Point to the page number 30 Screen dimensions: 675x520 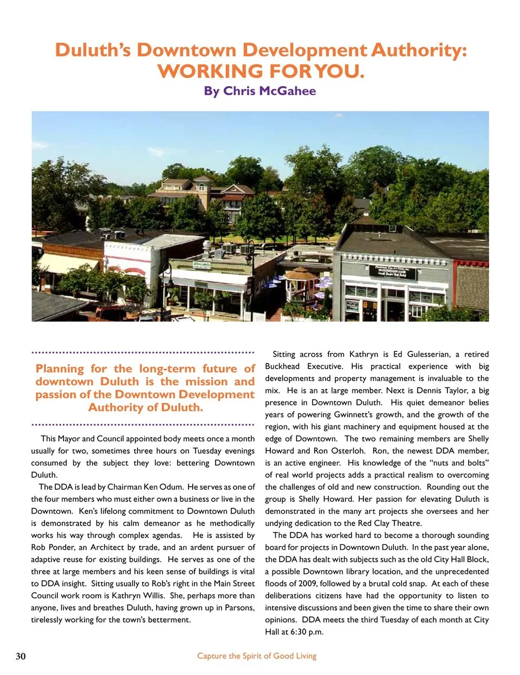[21, 656]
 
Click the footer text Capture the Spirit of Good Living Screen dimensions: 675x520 [257, 656]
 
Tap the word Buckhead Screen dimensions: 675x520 [282, 366]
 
